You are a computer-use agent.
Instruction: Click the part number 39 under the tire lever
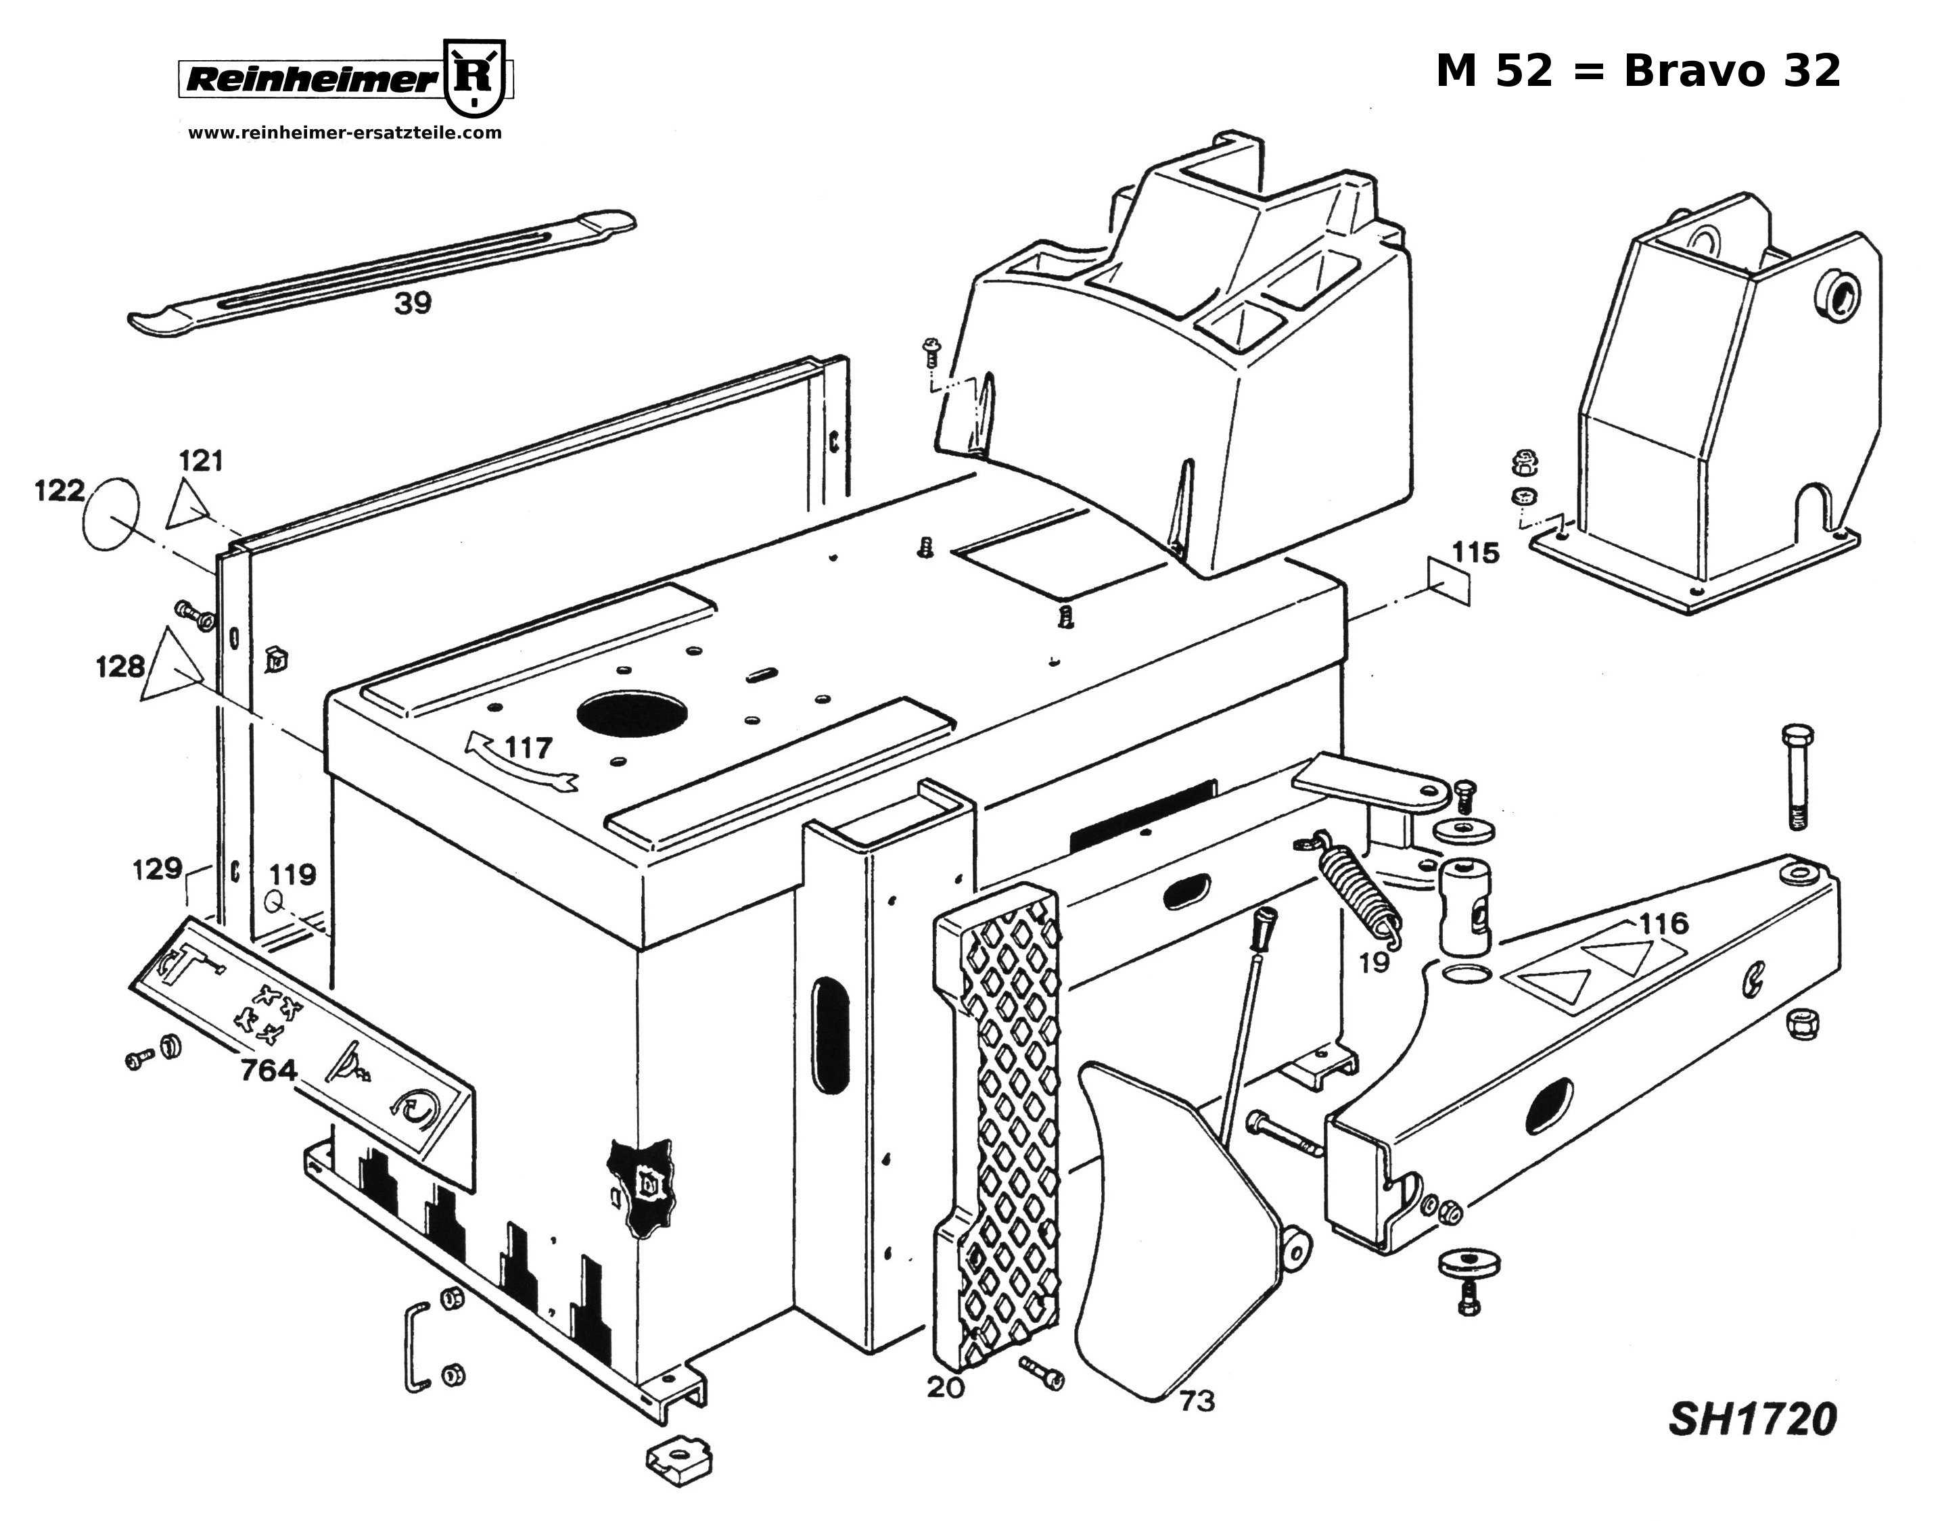point(413,304)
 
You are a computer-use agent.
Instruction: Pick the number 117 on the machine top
point(529,747)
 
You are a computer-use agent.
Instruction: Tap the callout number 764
point(268,1069)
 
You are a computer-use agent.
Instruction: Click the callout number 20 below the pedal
point(945,1387)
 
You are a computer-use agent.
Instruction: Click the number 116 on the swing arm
point(1663,923)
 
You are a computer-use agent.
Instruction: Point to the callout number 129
point(157,868)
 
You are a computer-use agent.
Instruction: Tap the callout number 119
point(293,874)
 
